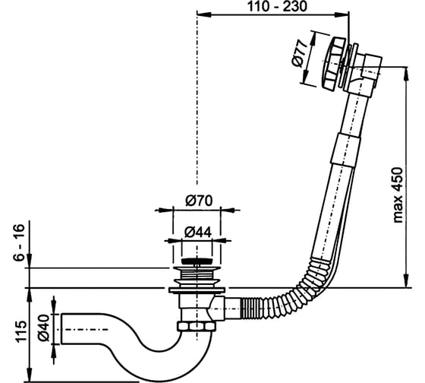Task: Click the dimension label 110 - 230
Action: [x=277, y=6]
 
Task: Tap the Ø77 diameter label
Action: [x=299, y=54]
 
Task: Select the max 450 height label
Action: [x=398, y=195]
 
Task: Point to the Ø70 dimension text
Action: [x=199, y=201]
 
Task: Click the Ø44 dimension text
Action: [x=198, y=233]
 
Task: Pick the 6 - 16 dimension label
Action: [x=19, y=242]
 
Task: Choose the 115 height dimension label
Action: [x=21, y=331]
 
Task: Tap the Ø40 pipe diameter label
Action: [x=43, y=328]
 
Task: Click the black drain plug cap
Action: [x=197, y=261]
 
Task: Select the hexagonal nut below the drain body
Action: [x=197, y=327]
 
